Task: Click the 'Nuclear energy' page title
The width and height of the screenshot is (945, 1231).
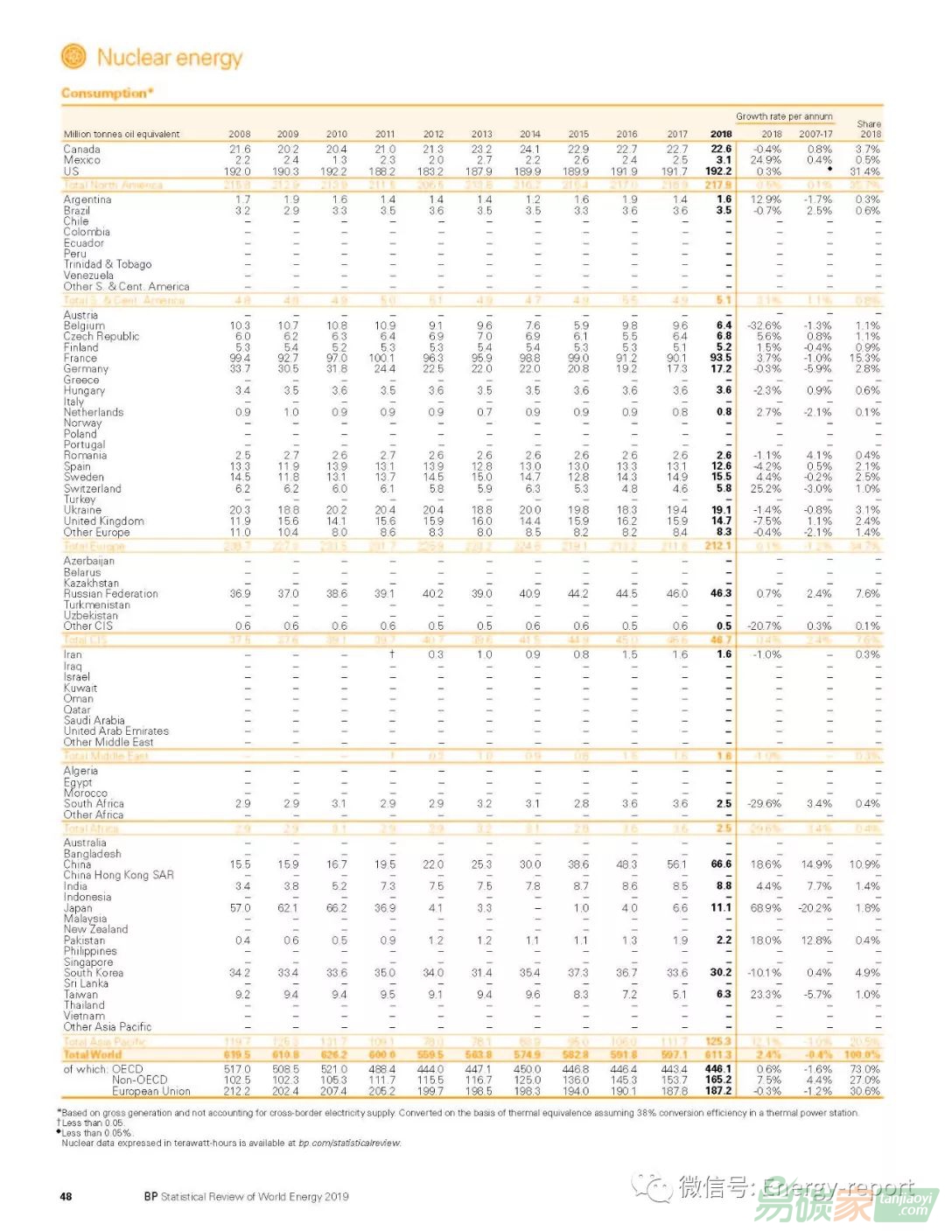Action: pyautogui.click(x=169, y=58)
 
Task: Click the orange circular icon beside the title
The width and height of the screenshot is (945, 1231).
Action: pyautogui.click(x=73, y=57)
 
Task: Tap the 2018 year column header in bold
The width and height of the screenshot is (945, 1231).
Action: pyautogui.click(x=721, y=134)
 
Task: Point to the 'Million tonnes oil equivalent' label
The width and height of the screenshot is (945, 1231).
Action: pyautogui.click(x=122, y=134)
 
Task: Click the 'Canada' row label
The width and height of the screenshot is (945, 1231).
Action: pyautogui.click(x=81, y=150)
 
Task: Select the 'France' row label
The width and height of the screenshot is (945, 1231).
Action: pyautogui.click(x=80, y=358)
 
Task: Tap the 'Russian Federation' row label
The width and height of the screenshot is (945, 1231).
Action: pyautogui.click(x=110, y=593)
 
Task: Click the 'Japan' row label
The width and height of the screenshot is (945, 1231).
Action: pyautogui.click(x=78, y=908)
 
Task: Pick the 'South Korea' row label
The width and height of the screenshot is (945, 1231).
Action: pyautogui.click(x=93, y=973)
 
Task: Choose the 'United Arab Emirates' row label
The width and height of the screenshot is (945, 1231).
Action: pyautogui.click(x=115, y=731)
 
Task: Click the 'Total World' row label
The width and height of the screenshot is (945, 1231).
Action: pyautogui.click(x=92, y=1054)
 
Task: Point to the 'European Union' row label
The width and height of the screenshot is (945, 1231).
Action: pyautogui.click(x=150, y=1091)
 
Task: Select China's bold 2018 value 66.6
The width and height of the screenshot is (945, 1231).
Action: pyautogui.click(x=721, y=864)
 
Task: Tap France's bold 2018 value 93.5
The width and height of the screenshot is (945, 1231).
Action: pyautogui.click(x=721, y=358)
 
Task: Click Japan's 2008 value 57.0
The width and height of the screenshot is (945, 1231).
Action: pyautogui.click(x=240, y=908)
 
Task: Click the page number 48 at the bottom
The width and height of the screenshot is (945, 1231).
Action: pyautogui.click(x=66, y=1196)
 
